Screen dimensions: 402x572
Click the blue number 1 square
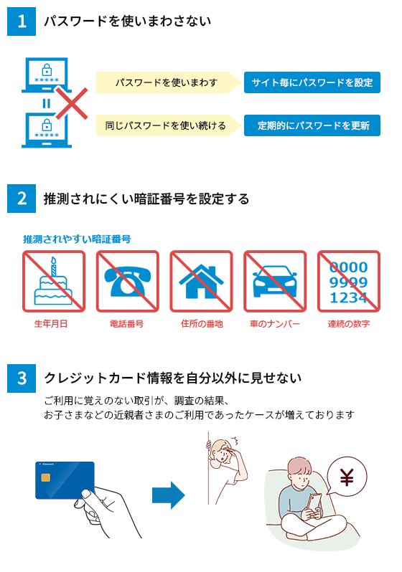pyautogui.click(x=22, y=22)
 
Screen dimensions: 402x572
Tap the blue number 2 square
pyautogui.click(x=22, y=199)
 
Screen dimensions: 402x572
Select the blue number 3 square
pyautogui.click(x=22, y=378)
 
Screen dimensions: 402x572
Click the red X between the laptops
pyautogui.click(x=72, y=104)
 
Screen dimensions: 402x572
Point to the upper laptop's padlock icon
pyautogui.click(x=47, y=70)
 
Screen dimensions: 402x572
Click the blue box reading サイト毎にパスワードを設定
pyautogui.click(x=312, y=82)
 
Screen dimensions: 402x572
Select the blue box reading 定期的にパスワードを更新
pyautogui.click(x=312, y=125)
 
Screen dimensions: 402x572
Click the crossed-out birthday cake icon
pyautogui.click(x=54, y=281)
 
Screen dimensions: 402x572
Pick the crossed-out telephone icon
pyautogui.click(x=128, y=281)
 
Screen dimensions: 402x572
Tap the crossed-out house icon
pyautogui.click(x=202, y=281)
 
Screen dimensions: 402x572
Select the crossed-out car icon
pyautogui.click(x=275, y=281)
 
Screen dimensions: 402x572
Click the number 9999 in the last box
pyautogui.click(x=348, y=282)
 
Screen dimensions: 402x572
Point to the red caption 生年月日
pyautogui.click(x=51, y=324)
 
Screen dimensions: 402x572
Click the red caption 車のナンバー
pyautogui.click(x=275, y=324)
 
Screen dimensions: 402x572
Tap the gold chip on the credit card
pyautogui.click(x=46, y=477)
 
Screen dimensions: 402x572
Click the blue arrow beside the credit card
pyautogui.click(x=169, y=495)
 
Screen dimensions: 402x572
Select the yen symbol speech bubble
pyautogui.click(x=347, y=477)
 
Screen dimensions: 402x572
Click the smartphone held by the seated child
pyautogui.click(x=314, y=502)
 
